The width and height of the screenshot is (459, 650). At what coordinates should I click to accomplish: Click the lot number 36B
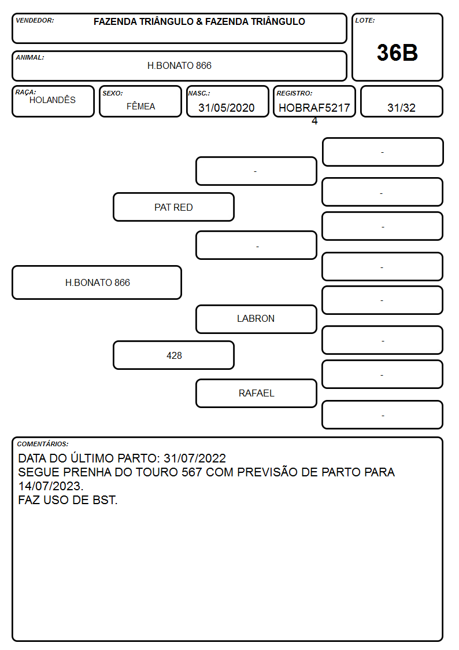397,53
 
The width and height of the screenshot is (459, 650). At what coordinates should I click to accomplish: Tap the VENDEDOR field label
35,20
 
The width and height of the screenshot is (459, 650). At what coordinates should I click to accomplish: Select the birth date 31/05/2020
227,108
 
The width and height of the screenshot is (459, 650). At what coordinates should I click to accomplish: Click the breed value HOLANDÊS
53,100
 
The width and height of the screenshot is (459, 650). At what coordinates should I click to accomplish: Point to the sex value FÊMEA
140,107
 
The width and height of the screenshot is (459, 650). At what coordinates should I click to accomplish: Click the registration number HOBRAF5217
314,108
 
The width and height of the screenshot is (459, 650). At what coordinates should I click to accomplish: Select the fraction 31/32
401,108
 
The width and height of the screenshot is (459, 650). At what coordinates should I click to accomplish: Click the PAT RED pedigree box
173,207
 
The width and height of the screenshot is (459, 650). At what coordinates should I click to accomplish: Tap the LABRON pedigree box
256,319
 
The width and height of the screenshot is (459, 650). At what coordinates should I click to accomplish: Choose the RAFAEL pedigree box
256,393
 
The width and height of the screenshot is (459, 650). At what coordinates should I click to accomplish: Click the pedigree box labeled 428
173,355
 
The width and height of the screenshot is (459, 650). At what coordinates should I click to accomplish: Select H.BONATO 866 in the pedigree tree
97,282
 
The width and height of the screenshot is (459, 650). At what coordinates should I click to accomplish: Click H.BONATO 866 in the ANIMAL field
179,65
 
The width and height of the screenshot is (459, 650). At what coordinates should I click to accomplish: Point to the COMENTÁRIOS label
43,444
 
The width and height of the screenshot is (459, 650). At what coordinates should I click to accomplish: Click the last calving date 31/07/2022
195,458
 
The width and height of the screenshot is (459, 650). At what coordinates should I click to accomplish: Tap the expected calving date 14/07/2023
50,486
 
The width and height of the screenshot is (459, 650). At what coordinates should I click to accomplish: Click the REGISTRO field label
294,93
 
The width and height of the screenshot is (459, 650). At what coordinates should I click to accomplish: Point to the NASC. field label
199,93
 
